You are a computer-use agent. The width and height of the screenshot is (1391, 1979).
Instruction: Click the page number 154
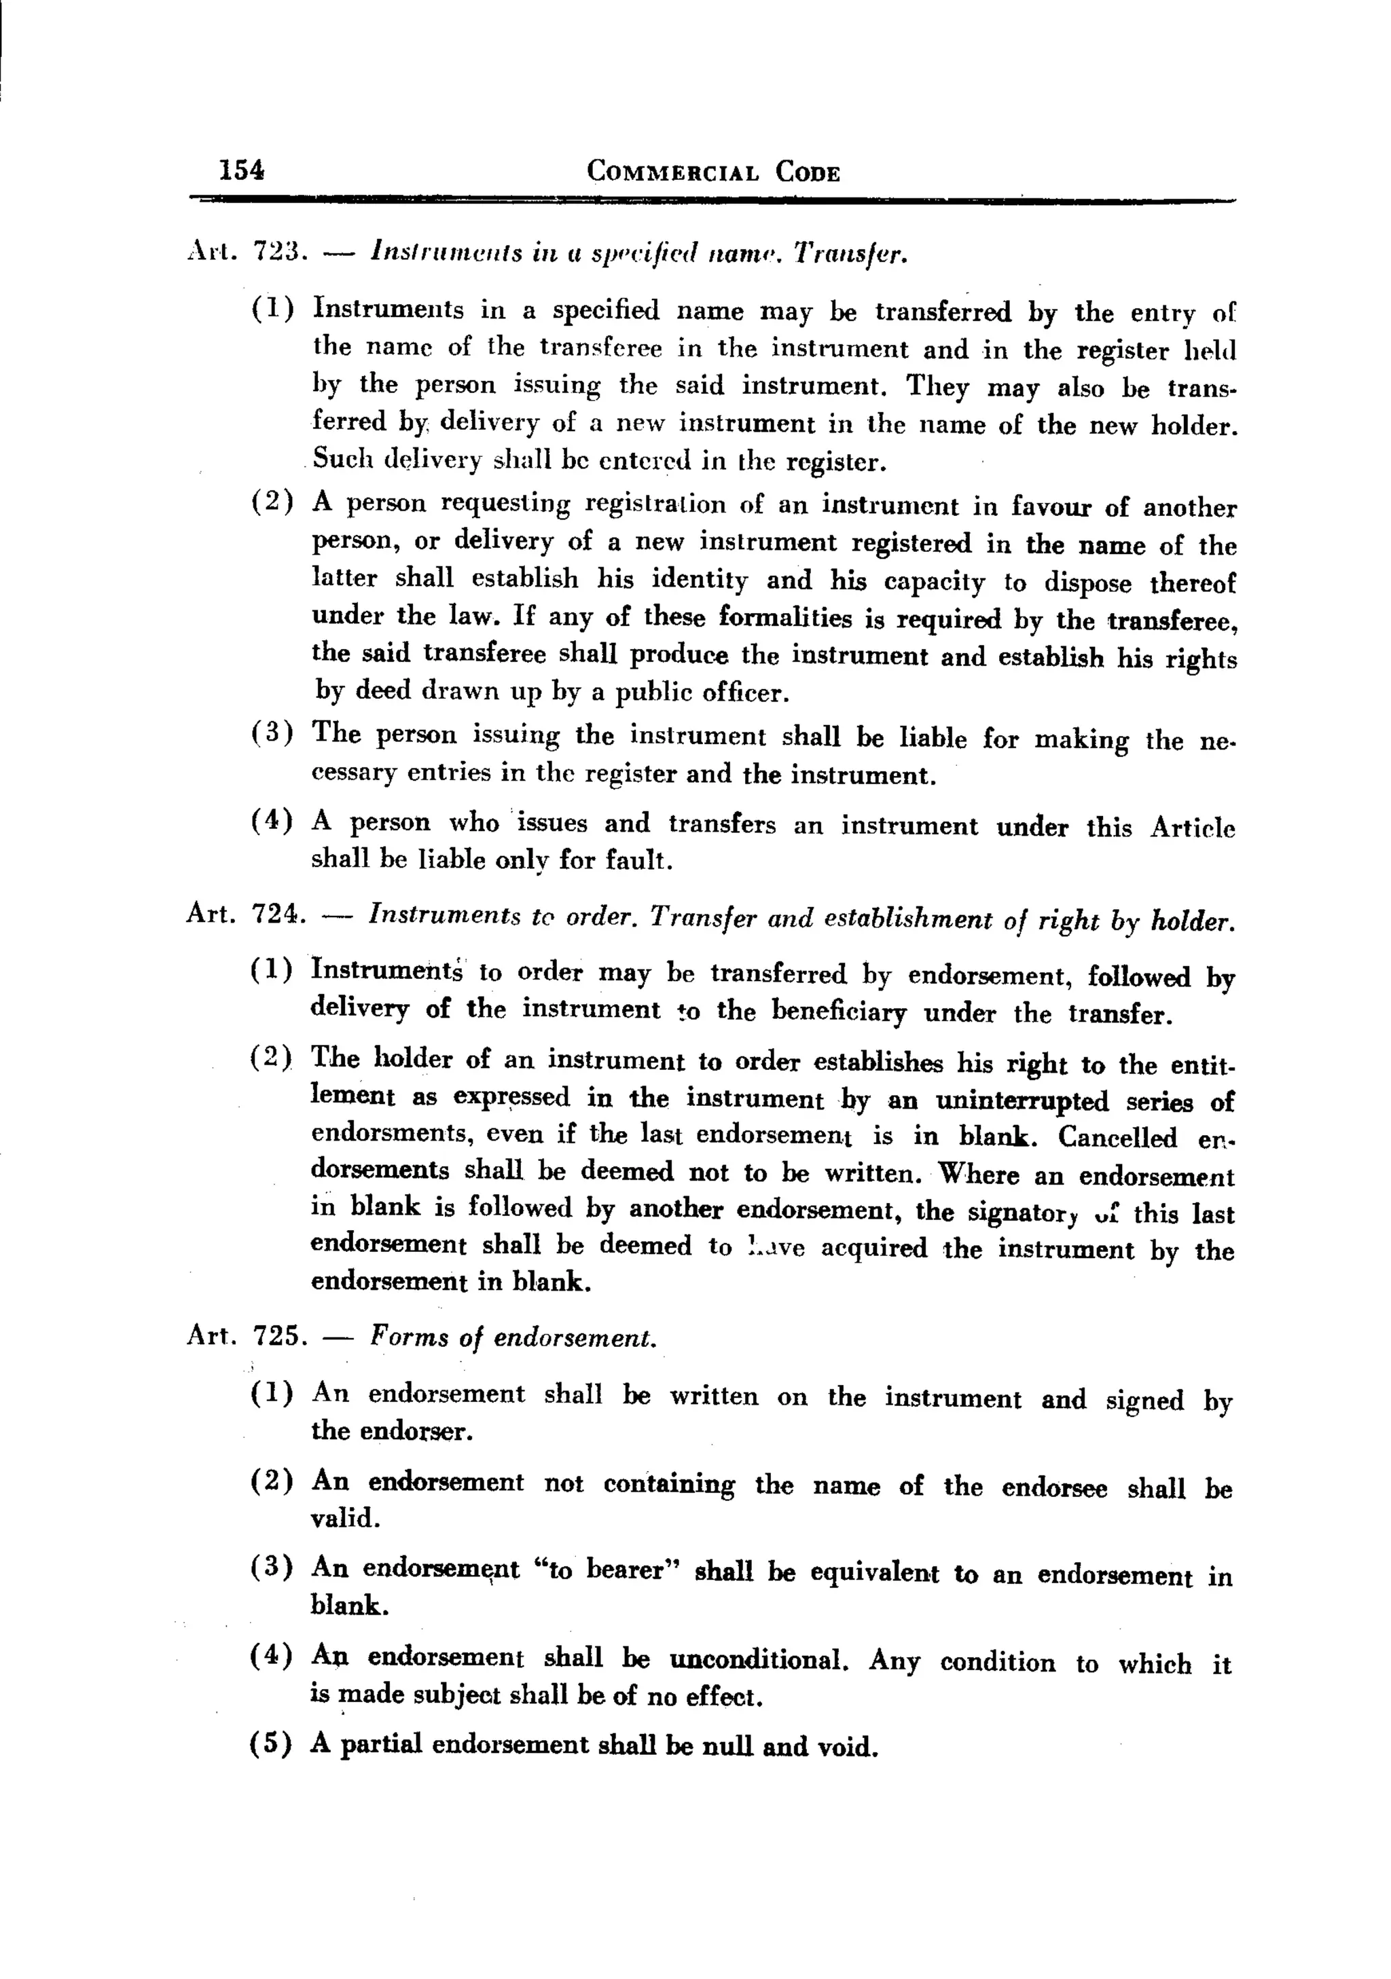click(x=242, y=169)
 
